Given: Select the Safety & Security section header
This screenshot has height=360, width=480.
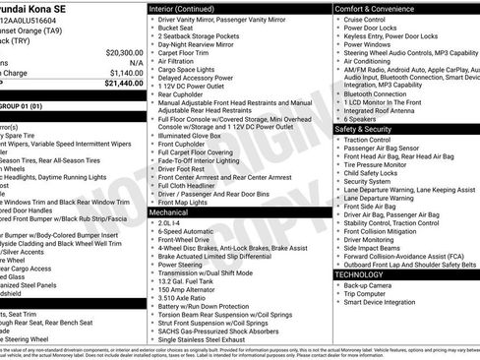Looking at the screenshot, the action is [x=363, y=129].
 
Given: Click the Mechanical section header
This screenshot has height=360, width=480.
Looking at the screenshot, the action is [x=168, y=211].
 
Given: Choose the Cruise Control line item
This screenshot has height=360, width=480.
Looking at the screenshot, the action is [x=365, y=20].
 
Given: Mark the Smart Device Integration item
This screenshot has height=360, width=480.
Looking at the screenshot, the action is [x=381, y=303].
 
